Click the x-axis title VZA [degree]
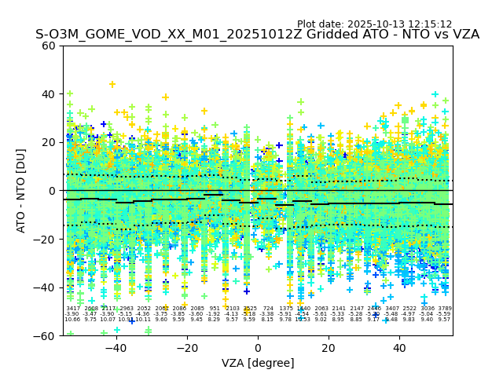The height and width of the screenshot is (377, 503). click(x=258, y=363)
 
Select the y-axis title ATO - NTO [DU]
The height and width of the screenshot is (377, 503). click(x=21, y=190)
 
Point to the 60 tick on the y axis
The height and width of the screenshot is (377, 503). click(x=49, y=46)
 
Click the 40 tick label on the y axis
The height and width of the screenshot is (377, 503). click(x=49, y=94)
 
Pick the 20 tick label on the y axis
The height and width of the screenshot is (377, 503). click(x=49, y=142)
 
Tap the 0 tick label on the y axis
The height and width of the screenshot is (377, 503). click(x=52, y=191)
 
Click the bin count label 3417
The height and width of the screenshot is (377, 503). click(x=72, y=309)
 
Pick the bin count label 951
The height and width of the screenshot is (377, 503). click(x=215, y=309)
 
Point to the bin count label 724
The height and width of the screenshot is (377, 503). click(x=268, y=309)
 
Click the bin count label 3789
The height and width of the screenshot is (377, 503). click(x=445, y=309)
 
